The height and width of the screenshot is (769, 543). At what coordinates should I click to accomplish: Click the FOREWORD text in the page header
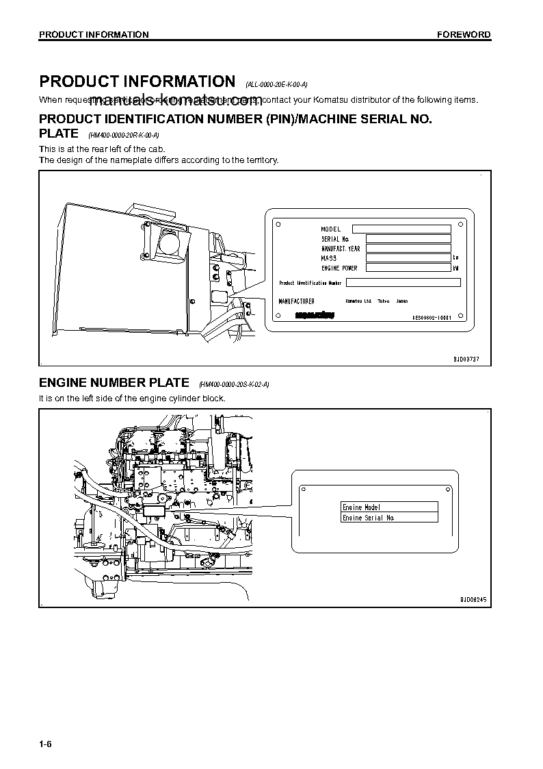coord(464,34)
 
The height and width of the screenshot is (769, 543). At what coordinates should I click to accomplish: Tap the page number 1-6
coord(46,742)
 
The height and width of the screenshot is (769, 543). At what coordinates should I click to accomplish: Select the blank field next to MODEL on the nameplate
coord(401,229)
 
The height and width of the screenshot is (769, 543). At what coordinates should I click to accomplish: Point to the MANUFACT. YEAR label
coord(341,249)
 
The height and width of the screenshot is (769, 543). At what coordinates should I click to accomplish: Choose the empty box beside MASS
coord(408,258)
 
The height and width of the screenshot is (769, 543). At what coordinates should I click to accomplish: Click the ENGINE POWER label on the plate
coord(339,268)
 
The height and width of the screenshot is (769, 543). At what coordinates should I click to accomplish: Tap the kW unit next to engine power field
coord(455,268)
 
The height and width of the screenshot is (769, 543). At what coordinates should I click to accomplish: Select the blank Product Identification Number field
coord(403,282)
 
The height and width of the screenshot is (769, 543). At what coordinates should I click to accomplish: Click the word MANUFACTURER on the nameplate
coord(297,301)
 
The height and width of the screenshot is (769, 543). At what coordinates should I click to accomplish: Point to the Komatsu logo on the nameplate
coord(315,316)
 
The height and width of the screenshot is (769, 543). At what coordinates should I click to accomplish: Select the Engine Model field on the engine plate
coord(389,507)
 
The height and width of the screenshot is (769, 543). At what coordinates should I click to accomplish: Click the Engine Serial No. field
coord(389,518)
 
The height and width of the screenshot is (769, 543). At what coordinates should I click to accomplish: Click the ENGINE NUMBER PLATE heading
coord(114,383)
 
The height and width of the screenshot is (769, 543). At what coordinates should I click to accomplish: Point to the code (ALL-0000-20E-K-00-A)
coord(276,84)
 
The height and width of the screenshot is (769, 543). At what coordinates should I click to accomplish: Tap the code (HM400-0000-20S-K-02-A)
coord(233,385)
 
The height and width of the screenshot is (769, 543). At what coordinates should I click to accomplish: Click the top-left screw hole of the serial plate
coord(277,223)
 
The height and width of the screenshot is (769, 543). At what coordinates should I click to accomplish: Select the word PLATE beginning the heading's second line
coord(59,134)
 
